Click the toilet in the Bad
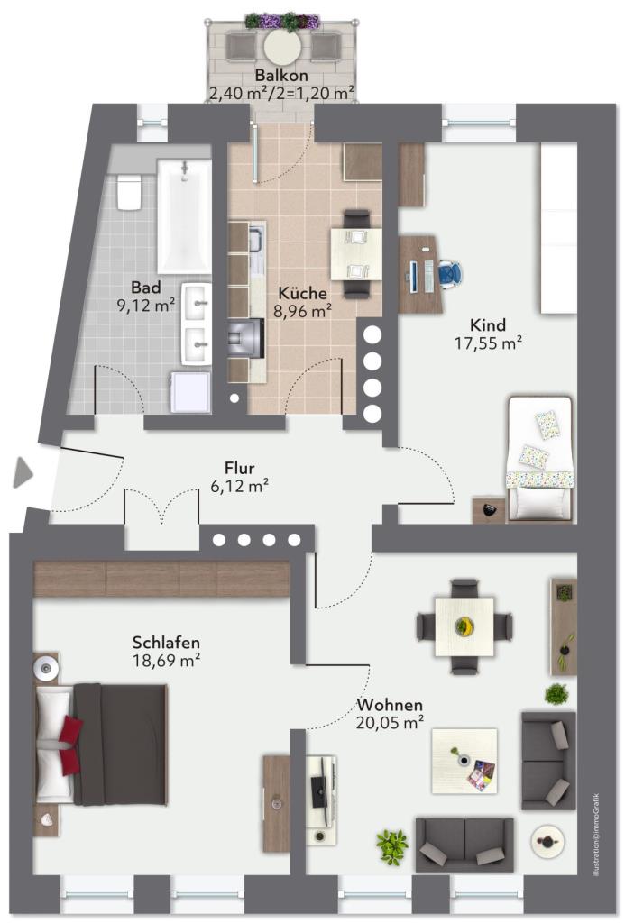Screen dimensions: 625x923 [x=129, y=192]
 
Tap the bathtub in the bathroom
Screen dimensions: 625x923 [x=184, y=216]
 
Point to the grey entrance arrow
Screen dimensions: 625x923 [x=23, y=472]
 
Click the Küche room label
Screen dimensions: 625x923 [x=302, y=293]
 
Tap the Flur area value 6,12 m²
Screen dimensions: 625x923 [x=239, y=486]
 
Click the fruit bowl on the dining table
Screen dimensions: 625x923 [x=464, y=626]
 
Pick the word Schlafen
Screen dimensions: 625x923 [x=166, y=642]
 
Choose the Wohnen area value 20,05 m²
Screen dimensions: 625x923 [x=390, y=722]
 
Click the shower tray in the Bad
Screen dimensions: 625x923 [x=190, y=392]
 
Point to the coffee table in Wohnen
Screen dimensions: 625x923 [x=464, y=761]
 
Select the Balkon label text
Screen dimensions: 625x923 [x=281, y=76]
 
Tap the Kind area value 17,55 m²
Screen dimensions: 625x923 [x=488, y=343]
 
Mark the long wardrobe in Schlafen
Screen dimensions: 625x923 [x=162, y=579]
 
